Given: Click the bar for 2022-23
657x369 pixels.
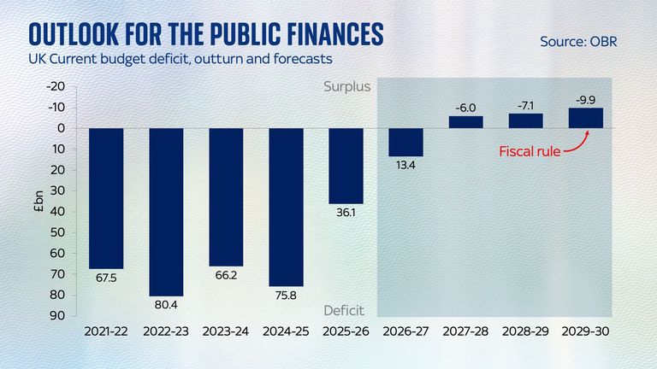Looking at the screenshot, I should click(x=167, y=212).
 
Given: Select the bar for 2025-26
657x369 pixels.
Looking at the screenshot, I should click(x=346, y=166).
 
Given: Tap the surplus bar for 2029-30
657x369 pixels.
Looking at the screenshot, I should click(x=585, y=118).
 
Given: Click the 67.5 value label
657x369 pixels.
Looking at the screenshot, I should click(x=106, y=277).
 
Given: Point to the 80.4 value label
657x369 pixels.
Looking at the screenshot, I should click(x=167, y=304).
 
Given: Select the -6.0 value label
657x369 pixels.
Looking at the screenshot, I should click(x=466, y=108).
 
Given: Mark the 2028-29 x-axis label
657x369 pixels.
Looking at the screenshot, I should click(x=525, y=331).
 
